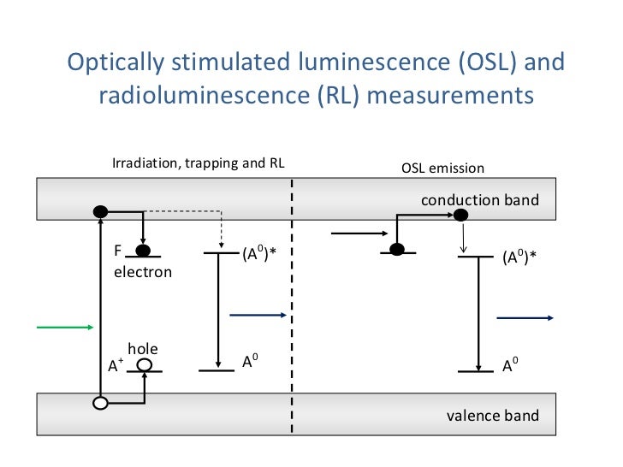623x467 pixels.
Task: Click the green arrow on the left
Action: click(64, 326)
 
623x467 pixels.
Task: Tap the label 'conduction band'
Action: click(480, 200)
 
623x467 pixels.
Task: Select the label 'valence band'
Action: click(493, 416)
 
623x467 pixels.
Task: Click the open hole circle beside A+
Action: click(145, 365)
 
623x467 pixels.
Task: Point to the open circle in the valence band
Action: click(100, 403)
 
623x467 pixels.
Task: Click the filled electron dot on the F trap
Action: click(143, 251)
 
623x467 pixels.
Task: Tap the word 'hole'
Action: click(143, 348)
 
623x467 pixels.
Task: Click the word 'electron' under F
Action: click(143, 272)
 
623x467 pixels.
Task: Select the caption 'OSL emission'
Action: click(442, 168)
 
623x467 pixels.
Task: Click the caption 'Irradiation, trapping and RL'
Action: click(199, 163)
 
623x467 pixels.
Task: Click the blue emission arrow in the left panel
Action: click(258, 315)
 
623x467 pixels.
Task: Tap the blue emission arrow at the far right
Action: click(525, 317)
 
